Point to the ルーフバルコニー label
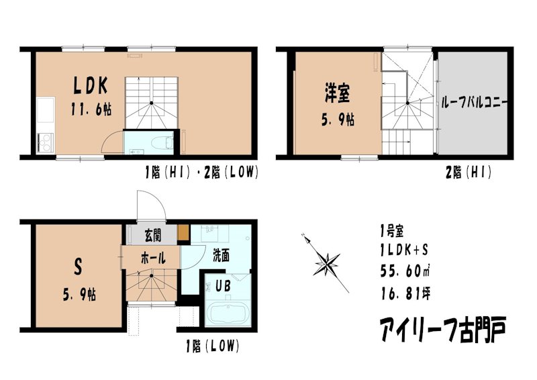[474, 103]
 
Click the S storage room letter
[77, 267]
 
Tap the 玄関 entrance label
[152, 235]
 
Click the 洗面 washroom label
[222, 256]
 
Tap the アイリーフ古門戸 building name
[442, 330]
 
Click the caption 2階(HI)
[469, 173]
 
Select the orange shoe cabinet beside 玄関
[183, 234]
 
